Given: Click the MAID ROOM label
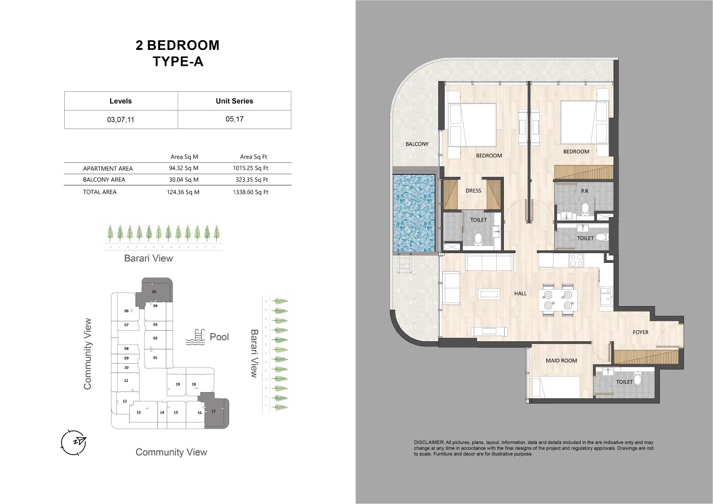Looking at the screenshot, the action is [x=561, y=361].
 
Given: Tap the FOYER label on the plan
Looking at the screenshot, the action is [x=640, y=332].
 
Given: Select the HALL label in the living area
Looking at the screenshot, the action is [x=520, y=293].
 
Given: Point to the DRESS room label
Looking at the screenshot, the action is [x=473, y=191].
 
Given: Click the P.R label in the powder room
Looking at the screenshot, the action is [x=585, y=191].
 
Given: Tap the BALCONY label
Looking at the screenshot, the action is [x=417, y=144].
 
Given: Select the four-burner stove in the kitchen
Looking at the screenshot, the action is [x=576, y=260].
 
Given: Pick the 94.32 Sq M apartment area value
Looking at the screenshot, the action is [x=184, y=168].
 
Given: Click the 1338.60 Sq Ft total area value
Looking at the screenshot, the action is [x=251, y=192].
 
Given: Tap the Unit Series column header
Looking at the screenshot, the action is [x=234, y=101].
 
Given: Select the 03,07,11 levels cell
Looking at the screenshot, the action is [x=121, y=119].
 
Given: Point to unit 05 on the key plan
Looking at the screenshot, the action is [x=154, y=291].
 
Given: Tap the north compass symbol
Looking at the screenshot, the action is [x=74, y=443].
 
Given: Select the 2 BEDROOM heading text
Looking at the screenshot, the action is [x=177, y=45].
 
